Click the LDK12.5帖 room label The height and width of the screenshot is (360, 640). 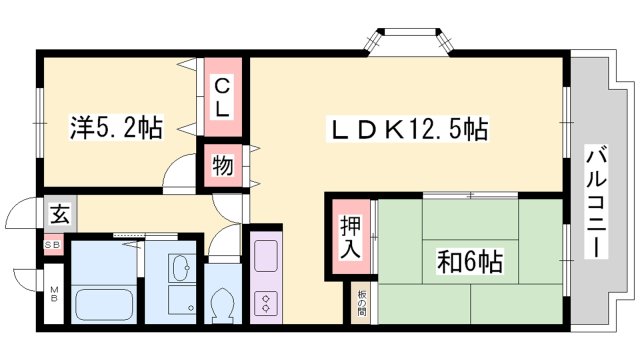point(410,129)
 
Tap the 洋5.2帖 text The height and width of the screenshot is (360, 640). point(115,129)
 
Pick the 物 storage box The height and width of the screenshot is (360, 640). point(222,166)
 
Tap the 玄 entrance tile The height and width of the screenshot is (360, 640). point(58,213)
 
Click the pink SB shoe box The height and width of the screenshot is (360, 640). point(50,243)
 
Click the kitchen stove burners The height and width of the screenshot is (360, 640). point(267,300)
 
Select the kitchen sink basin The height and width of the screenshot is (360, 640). point(267,254)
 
